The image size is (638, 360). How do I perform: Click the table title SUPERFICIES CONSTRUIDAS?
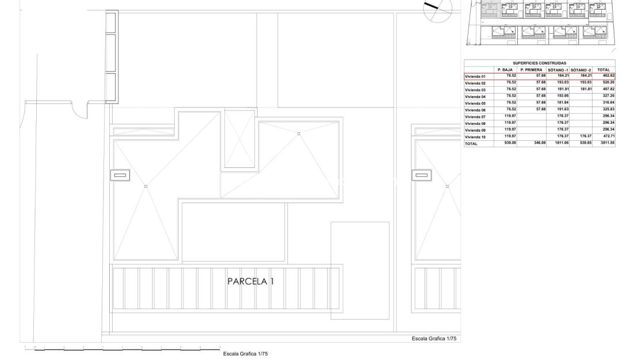coord(539,63)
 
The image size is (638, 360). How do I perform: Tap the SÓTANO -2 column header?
coord(581,70)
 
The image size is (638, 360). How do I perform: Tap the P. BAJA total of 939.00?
coord(509,144)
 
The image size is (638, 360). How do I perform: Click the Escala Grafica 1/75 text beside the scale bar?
coord(245,354)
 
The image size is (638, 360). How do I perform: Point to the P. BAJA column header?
coord(505,70)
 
